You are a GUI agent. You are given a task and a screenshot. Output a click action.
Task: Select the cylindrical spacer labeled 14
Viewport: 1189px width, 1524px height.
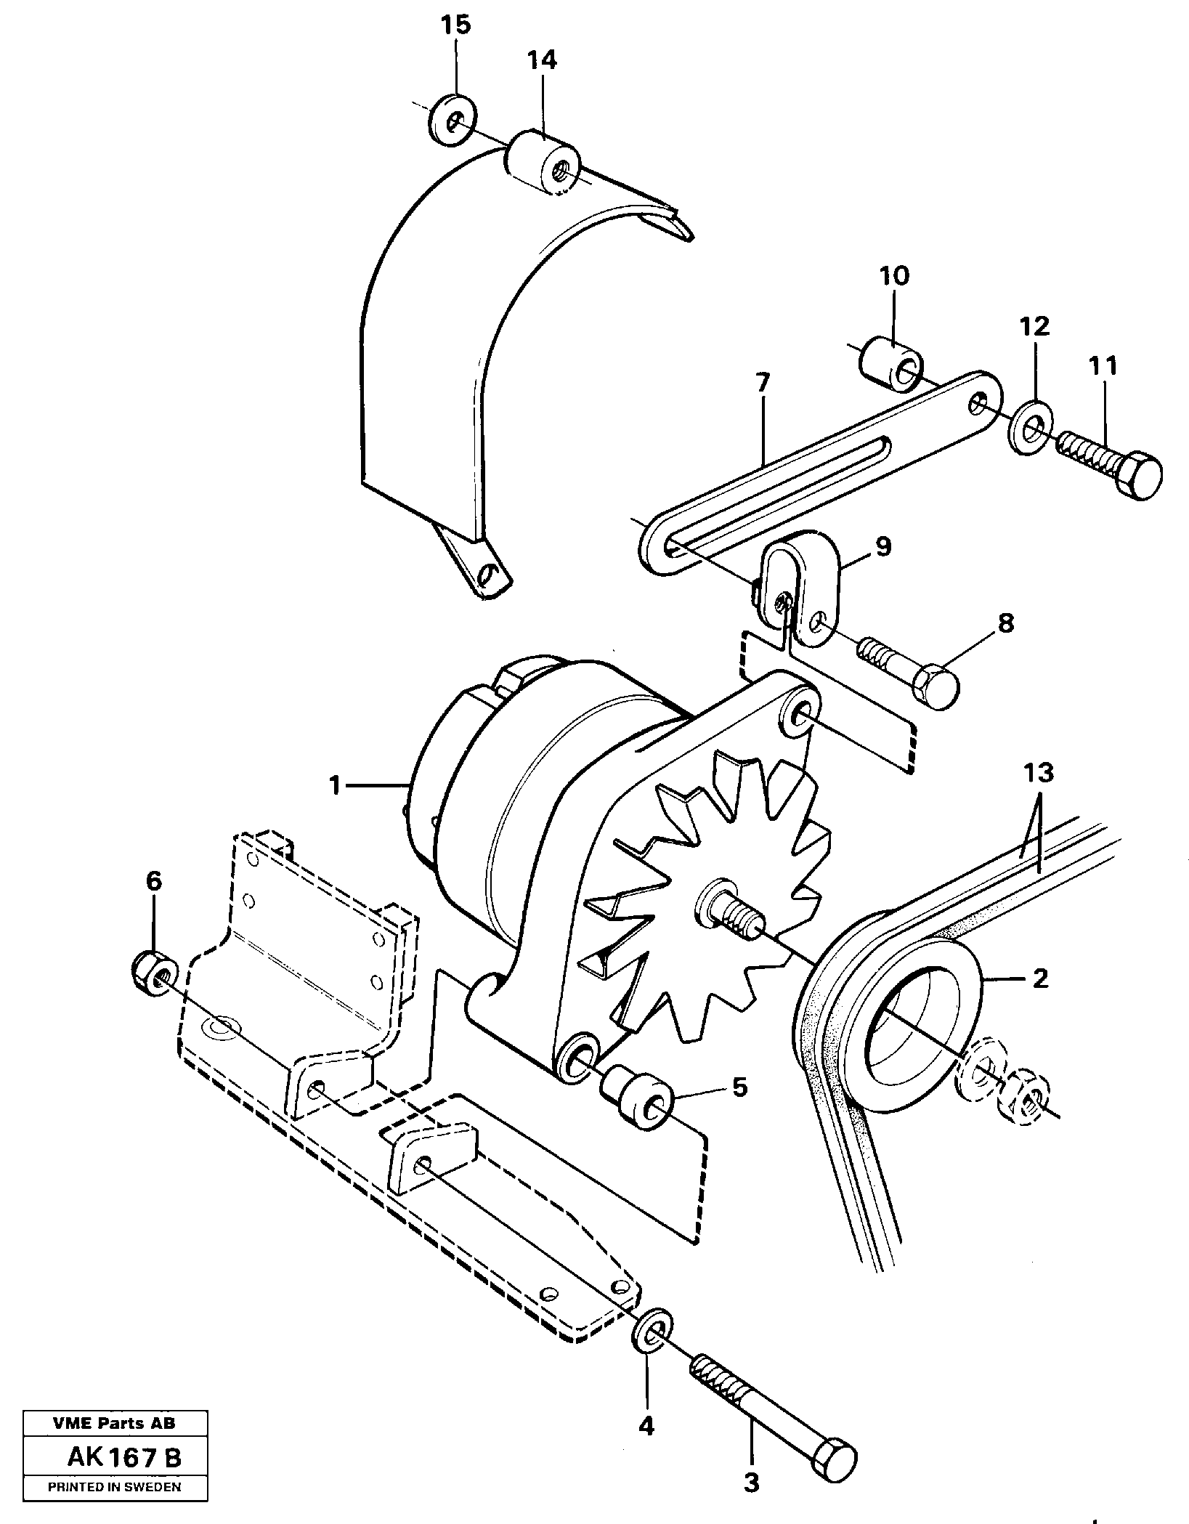tap(542, 161)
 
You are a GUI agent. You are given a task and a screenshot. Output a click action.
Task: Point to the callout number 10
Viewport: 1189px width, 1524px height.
tap(893, 276)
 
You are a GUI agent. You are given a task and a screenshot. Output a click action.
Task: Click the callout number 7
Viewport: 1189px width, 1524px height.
tap(762, 383)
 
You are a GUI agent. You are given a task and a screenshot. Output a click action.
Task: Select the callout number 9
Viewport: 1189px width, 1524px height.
tap(883, 547)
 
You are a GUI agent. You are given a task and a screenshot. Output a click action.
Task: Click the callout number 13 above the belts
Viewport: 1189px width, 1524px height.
tap(1039, 773)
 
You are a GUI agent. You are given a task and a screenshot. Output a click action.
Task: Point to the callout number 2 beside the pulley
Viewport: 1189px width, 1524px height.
tap(1040, 978)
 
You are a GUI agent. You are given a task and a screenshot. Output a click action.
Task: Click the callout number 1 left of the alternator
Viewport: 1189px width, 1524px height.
tap(334, 785)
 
